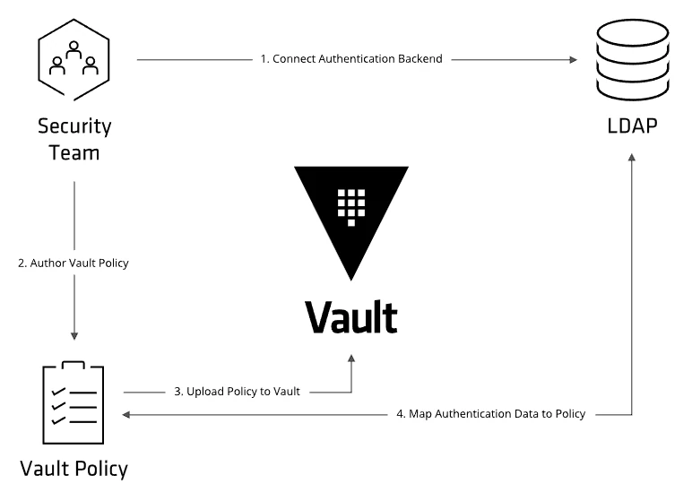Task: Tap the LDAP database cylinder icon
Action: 633,60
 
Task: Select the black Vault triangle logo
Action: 351,223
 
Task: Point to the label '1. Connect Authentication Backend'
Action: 351,59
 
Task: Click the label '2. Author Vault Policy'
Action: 74,263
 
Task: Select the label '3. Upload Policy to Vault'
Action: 237,392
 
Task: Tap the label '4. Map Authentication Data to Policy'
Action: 490,414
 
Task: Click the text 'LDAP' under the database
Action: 632,126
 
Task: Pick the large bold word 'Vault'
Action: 351,317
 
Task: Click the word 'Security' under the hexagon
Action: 74,126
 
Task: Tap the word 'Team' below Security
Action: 74,153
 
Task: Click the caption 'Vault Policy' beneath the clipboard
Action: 74,470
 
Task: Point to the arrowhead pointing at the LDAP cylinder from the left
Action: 574,59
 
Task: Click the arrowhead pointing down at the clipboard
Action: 74,336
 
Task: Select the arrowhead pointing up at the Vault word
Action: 351,358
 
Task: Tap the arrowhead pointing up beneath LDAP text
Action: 632,158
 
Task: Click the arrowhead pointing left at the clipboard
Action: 125,414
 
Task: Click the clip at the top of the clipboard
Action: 74,365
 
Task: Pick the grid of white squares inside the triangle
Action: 351,207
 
